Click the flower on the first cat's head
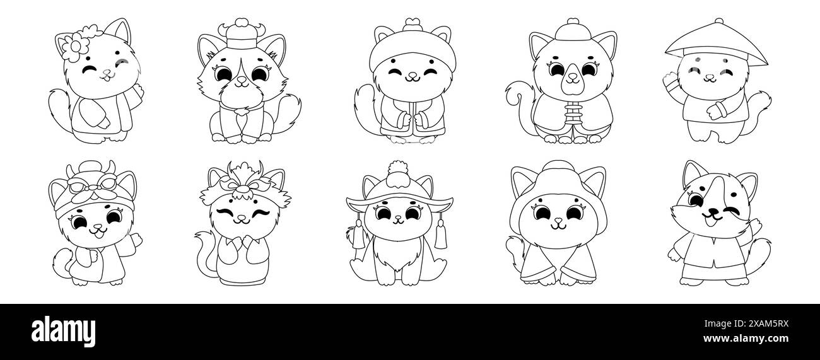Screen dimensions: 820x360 tap(75, 46)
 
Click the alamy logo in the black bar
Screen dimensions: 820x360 tap(63, 332)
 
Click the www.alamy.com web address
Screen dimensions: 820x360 tap(746, 339)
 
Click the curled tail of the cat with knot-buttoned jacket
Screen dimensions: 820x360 tap(520, 106)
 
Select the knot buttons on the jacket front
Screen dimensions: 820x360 tap(573, 114)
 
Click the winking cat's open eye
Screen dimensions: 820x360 tap(695, 199)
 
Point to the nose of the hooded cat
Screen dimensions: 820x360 tap(558, 220)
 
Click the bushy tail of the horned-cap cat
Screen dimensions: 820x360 tap(285, 113)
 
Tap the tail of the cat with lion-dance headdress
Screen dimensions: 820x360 tap(205, 252)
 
